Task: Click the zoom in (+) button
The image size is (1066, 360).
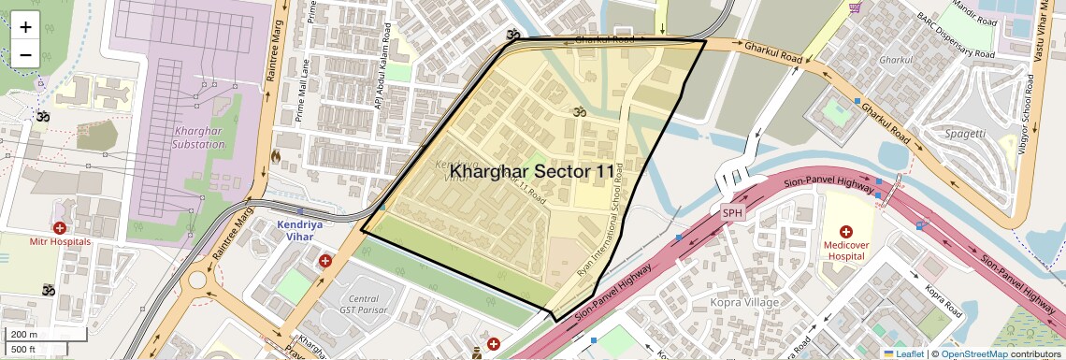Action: [x=25, y=26]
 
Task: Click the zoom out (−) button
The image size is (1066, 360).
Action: [x=25, y=54]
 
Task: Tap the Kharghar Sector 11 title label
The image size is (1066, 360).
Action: [x=533, y=172]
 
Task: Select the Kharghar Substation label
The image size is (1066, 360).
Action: [x=198, y=137]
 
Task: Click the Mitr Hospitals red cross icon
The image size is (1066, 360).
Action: [x=60, y=227]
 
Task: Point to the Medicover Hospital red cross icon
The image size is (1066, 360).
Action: [x=846, y=231]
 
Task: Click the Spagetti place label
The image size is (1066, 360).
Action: [x=964, y=134]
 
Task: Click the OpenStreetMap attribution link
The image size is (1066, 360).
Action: [x=972, y=353]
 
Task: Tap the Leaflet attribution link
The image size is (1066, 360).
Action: [x=903, y=353]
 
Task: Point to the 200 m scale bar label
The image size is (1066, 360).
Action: [x=24, y=335]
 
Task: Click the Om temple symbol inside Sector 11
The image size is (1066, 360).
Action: [x=577, y=111]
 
